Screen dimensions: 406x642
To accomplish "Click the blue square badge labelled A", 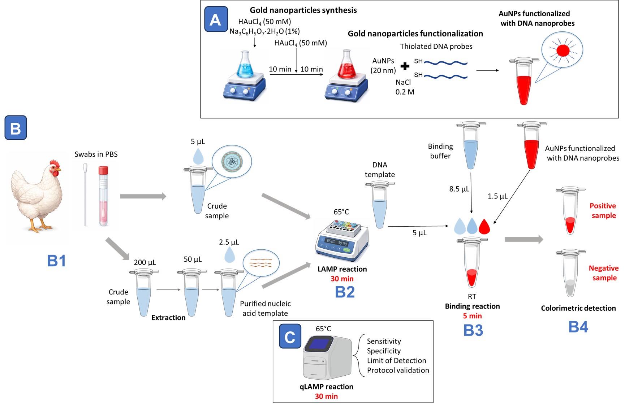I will (x=216, y=19).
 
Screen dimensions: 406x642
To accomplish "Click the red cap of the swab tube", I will (x=103, y=170).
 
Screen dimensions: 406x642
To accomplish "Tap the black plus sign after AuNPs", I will (x=405, y=66).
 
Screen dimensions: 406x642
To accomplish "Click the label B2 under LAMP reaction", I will (x=345, y=292).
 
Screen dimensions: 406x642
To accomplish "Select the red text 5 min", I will (x=472, y=316).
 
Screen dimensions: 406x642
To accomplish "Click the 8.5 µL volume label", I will (x=459, y=189).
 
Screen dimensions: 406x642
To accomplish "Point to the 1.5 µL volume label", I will (x=497, y=196).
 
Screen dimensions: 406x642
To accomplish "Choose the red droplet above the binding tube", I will (x=484, y=227).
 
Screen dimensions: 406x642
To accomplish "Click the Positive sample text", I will (x=603, y=210).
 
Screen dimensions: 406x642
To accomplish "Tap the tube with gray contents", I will (x=570, y=274).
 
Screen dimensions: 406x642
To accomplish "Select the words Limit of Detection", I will (x=396, y=361).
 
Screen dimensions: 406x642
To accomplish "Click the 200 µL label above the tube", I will (x=145, y=262).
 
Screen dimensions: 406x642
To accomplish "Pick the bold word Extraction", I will (x=168, y=318).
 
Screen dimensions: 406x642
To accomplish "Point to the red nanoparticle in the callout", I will (x=563, y=50).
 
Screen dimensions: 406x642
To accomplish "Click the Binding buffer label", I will (x=440, y=151).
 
